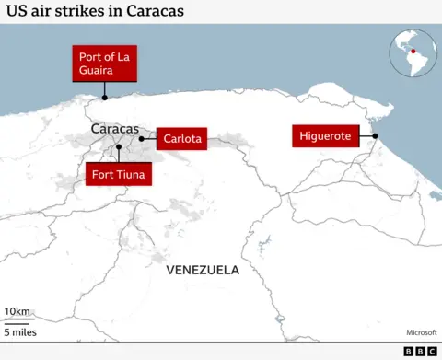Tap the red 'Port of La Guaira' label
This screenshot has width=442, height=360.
coord(104,63)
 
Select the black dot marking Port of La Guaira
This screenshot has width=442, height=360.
coord(104,97)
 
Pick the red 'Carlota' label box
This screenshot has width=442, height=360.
coord(180,138)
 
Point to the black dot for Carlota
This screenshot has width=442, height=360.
coord(141,139)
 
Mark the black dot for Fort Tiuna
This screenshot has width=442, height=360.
coord(118,146)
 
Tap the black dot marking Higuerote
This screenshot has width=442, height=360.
coord(376,136)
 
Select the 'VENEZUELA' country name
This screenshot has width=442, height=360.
coord(203,270)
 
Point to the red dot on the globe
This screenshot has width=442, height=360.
coord(413,51)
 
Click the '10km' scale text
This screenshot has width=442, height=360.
coord(17,310)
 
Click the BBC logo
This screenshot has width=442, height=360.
coord(420,351)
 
